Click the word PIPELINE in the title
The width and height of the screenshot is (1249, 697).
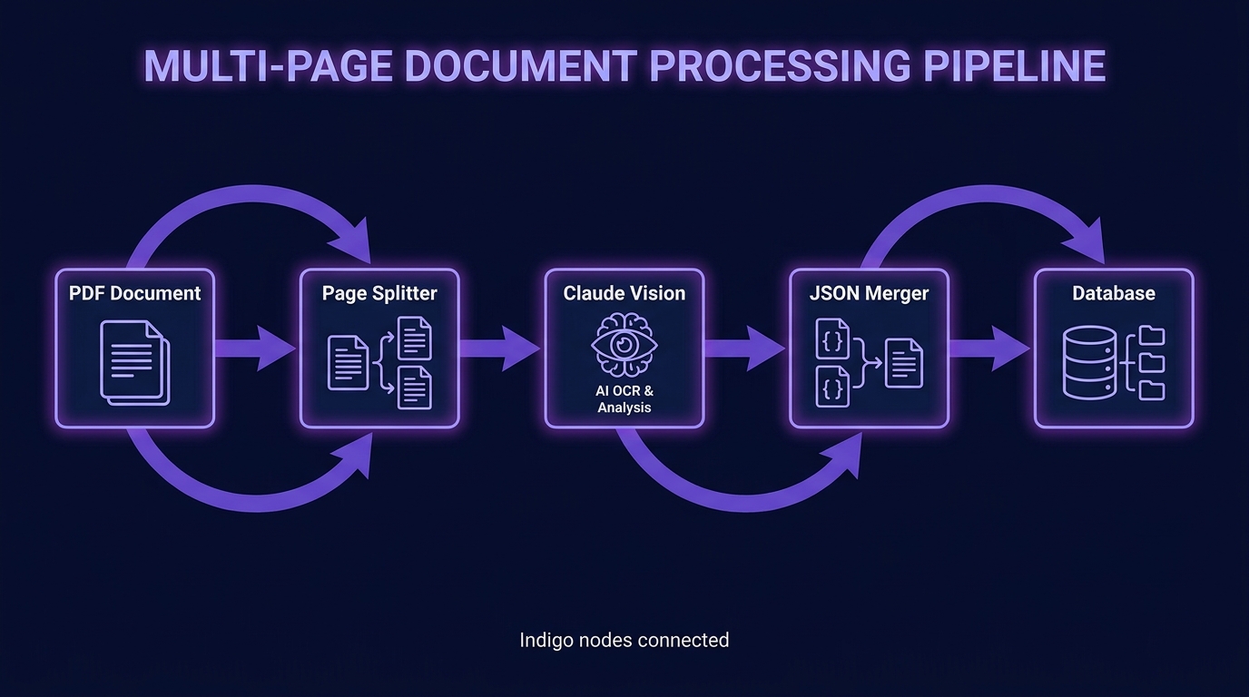(1014, 65)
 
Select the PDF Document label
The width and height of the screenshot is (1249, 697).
(135, 293)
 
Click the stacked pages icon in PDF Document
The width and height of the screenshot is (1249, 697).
(135, 362)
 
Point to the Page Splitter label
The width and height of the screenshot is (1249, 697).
(379, 294)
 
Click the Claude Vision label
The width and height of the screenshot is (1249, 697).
(624, 293)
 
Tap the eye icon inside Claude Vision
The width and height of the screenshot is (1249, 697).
(624, 345)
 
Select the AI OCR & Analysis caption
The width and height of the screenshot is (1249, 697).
(624, 399)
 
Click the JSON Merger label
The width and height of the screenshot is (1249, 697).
(870, 294)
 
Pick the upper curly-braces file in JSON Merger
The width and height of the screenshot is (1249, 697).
(832, 339)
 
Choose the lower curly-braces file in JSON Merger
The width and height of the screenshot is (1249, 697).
(832, 387)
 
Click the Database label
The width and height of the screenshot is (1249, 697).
(1114, 293)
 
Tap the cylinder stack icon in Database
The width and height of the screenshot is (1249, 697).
(1089, 363)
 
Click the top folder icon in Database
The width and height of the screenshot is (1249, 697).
(1151, 335)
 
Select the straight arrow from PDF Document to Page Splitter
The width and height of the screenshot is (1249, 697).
(255, 348)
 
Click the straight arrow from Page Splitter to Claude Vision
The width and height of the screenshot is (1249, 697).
(500, 348)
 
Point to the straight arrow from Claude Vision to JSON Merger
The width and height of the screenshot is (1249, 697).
(745, 348)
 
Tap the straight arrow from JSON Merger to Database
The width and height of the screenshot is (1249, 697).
(989, 348)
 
